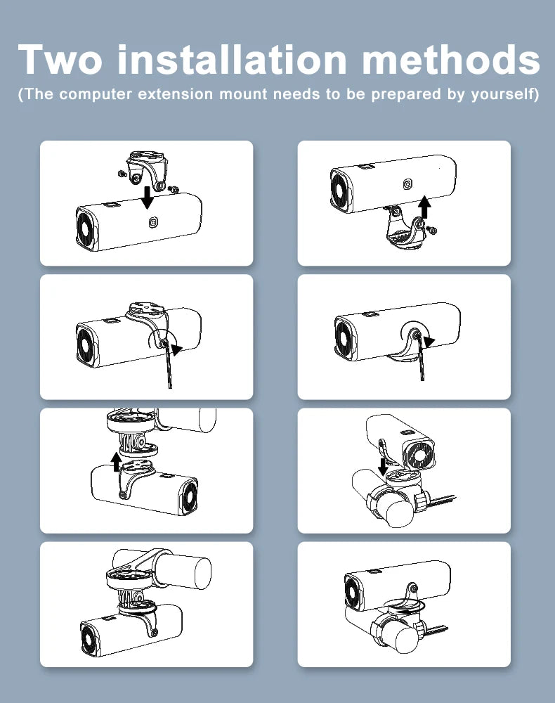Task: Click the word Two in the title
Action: pyautogui.click(x=60, y=59)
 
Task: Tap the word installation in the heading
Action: pyautogui.click(x=232, y=59)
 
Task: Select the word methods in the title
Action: pyautogui.click(x=450, y=59)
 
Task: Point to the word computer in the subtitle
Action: pyautogui.click(x=96, y=95)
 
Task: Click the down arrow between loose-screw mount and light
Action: pyautogui.click(x=147, y=198)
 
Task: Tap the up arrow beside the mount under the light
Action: pyautogui.click(x=424, y=207)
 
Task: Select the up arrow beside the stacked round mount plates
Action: pyautogui.click(x=117, y=462)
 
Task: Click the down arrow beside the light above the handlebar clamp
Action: pyautogui.click(x=383, y=466)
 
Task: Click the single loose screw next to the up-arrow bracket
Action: pyautogui.click(x=432, y=231)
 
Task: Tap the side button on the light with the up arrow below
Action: pyautogui.click(x=407, y=183)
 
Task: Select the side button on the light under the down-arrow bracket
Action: pyautogui.click(x=152, y=222)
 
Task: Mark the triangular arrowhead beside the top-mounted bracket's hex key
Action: pyautogui.click(x=177, y=349)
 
